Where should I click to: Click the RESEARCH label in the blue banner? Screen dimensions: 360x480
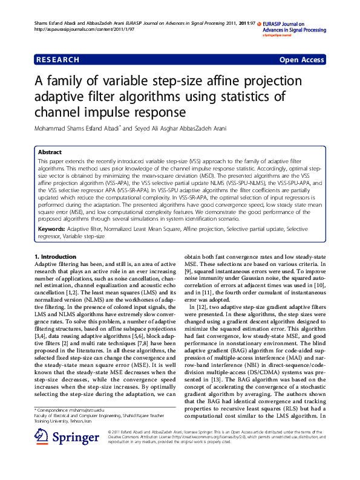(x=58, y=60)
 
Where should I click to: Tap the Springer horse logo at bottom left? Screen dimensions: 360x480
(x=41, y=453)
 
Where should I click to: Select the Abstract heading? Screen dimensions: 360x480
(x=50, y=152)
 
